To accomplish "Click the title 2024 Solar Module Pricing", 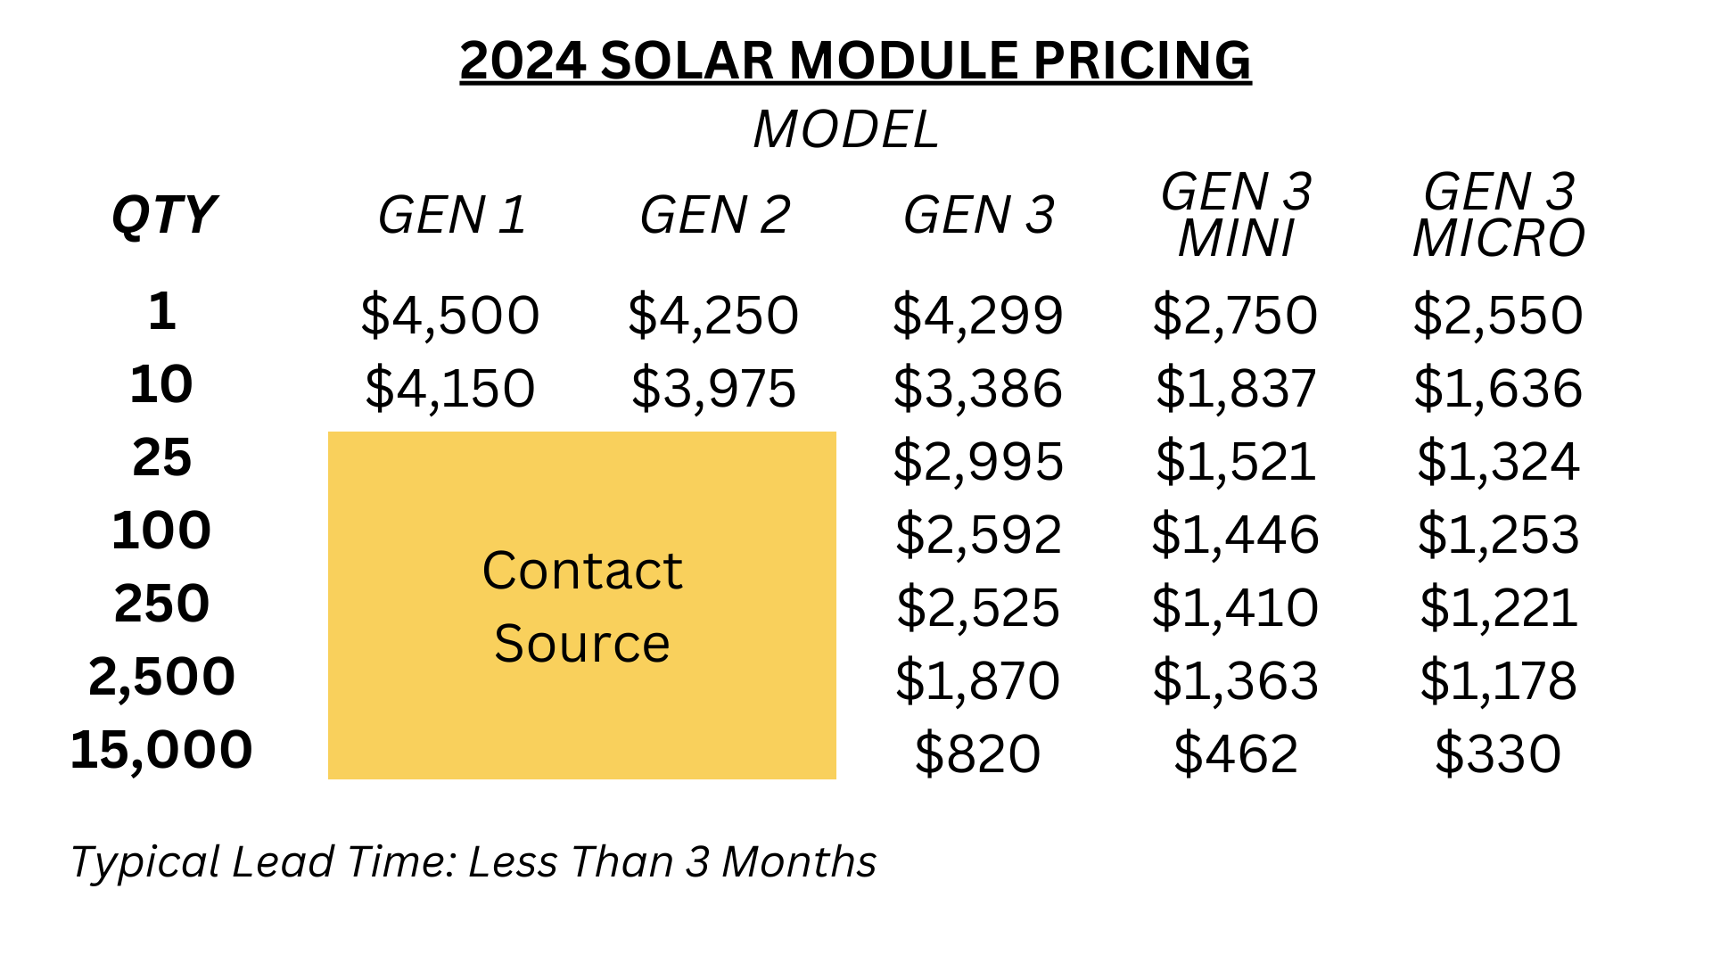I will point(855,61).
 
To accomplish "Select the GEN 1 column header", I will point(452,216).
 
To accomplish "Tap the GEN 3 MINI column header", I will point(1236,216).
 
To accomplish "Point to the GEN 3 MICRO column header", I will point(1499,216).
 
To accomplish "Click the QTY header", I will point(164,216).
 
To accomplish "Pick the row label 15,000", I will point(161,749).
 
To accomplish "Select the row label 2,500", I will point(161,677).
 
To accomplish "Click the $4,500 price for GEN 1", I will point(450,316).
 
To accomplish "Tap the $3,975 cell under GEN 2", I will point(713,389).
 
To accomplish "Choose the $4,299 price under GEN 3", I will point(978,316).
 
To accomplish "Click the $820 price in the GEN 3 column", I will point(978,754).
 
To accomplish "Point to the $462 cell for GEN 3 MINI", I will point(1236,754).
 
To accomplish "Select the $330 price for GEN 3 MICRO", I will point(1498,754).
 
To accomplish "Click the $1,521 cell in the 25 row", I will point(1236,462).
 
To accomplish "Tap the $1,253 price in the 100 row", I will point(1498,535).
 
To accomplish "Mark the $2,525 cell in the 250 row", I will point(978,608).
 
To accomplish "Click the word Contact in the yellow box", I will point(582,571).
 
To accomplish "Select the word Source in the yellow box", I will point(582,644).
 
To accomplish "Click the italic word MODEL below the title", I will point(846,130).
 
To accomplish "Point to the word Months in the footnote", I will point(799,862).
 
